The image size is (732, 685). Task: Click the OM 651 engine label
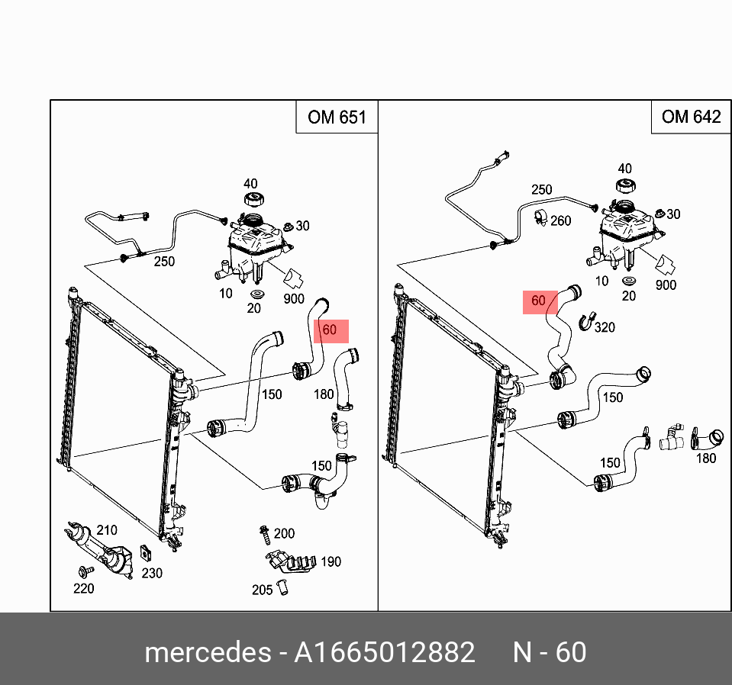pyautogui.click(x=337, y=117)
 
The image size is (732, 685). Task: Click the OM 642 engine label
pyautogui.click(x=691, y=117)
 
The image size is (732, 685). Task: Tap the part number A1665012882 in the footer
pyautogui.click(x=385, y=653)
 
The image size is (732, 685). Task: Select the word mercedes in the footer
pyautogui.click(x=207, y=653)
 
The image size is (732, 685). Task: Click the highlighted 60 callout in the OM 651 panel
pyautogui.click(x=330, y=330)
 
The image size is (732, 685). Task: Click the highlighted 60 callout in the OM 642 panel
pyautogui.click(x=539, y=301)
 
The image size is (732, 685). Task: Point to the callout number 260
pyautogui.click(x=561, y=221)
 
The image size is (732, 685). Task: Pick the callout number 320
pyautogui.click(x=605, y=327)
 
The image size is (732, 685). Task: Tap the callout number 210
pyautogui.click(x=107, y=530)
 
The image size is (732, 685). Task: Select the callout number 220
pyautogui.click(x=83, y=588)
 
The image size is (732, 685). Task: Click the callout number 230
pyautogui.click(x=152, y=573)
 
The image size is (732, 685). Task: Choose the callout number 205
pyautogui.click(x=263, y=589)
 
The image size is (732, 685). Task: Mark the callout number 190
pyautogui.click(x=331, y=562)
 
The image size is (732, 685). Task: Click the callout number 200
pyautogui.click(x=284, y=533)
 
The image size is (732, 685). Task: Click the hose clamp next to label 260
pyautogui.click(x=540, y=217)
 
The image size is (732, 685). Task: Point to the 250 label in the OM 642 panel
pyautogui.click(x=541, y=190)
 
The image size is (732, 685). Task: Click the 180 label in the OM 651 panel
pyautogui.click(x=324, y=394)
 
